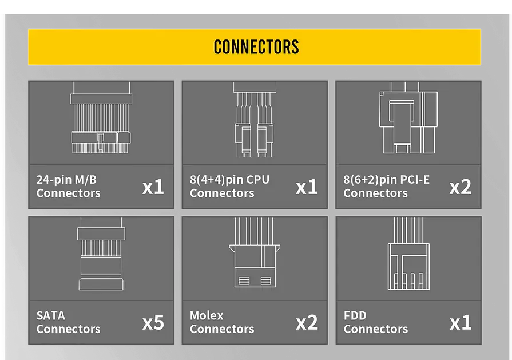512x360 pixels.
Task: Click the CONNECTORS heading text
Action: (256, 46)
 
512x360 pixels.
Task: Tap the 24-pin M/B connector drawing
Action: (101, 118)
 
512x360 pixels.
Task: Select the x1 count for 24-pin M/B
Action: (153, 187)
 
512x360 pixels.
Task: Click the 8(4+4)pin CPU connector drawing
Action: (254, 120)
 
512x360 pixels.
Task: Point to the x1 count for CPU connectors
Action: (307, 187)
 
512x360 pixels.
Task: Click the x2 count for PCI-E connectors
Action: (461, 187)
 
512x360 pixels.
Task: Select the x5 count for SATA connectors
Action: (153, 322)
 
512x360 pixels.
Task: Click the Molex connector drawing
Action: (255, 260)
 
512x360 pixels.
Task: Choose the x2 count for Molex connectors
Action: (307, 322)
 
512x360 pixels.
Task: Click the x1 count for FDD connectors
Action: (461, 322)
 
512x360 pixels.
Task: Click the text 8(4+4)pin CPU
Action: (229, 180)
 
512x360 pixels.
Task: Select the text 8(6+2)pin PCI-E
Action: (386, 180)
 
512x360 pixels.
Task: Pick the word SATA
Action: (51, 315)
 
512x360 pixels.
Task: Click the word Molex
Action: (207, 315)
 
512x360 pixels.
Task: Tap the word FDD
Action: (355, 315)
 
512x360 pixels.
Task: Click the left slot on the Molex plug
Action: (243, 280)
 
